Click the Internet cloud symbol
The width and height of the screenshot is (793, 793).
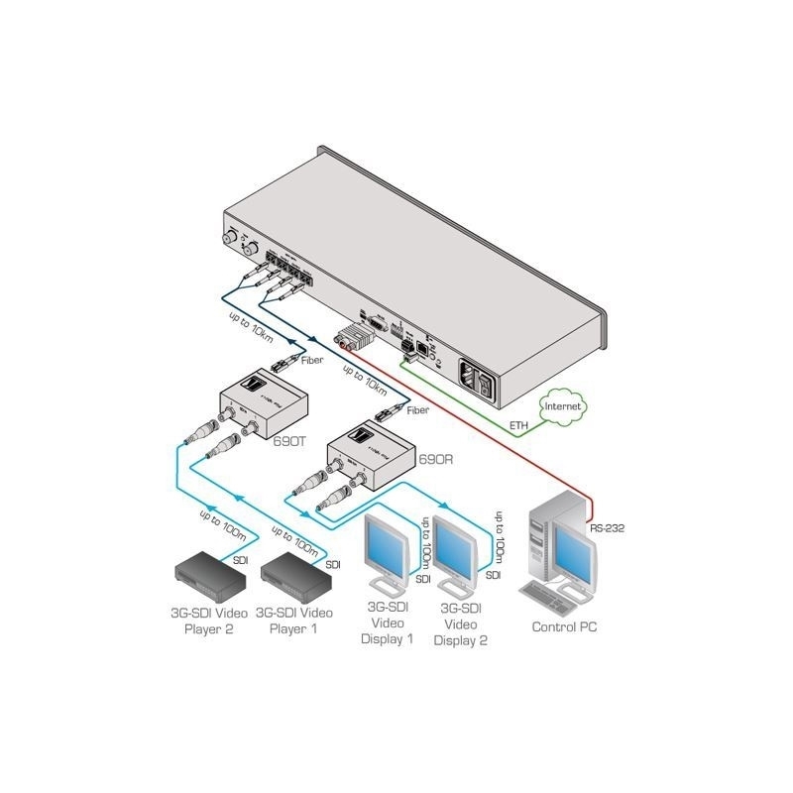pyautogui.click(x=560, y=406)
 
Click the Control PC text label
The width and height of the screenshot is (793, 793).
pyautogui.click(x=564, y=627)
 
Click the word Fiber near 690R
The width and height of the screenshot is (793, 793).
pyautogui.click(x=417, y=408)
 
